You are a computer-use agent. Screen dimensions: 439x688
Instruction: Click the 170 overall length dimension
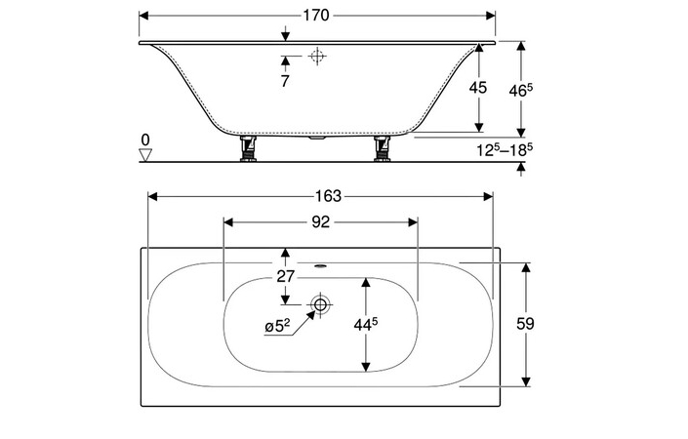(x=316, y=16)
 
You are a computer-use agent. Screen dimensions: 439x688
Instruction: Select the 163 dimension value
(x=319, y=195)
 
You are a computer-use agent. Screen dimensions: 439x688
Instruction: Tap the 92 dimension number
(x=319, y=221)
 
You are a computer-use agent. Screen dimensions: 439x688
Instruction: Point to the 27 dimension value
(x=284, y=276)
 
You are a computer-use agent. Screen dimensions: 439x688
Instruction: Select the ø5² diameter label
(x=276, y=327)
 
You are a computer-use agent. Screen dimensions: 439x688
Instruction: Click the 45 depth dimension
(x=477, y=88)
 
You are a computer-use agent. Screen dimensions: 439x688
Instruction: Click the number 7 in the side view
(x=284, y=82)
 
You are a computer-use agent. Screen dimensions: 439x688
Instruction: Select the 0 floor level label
(x=145, y=139)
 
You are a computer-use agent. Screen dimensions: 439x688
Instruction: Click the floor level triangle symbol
(x=146, y=154)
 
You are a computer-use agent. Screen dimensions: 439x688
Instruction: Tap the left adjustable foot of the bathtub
(x=249, y=150)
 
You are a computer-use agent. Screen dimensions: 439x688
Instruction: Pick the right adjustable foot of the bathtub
(x=383, y=150)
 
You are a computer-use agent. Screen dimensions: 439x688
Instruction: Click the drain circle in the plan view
(x=318, y=305)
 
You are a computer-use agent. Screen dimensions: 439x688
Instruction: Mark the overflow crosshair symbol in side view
(x=315, y=58)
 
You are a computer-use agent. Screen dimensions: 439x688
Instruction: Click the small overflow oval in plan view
(x=321, y=265)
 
